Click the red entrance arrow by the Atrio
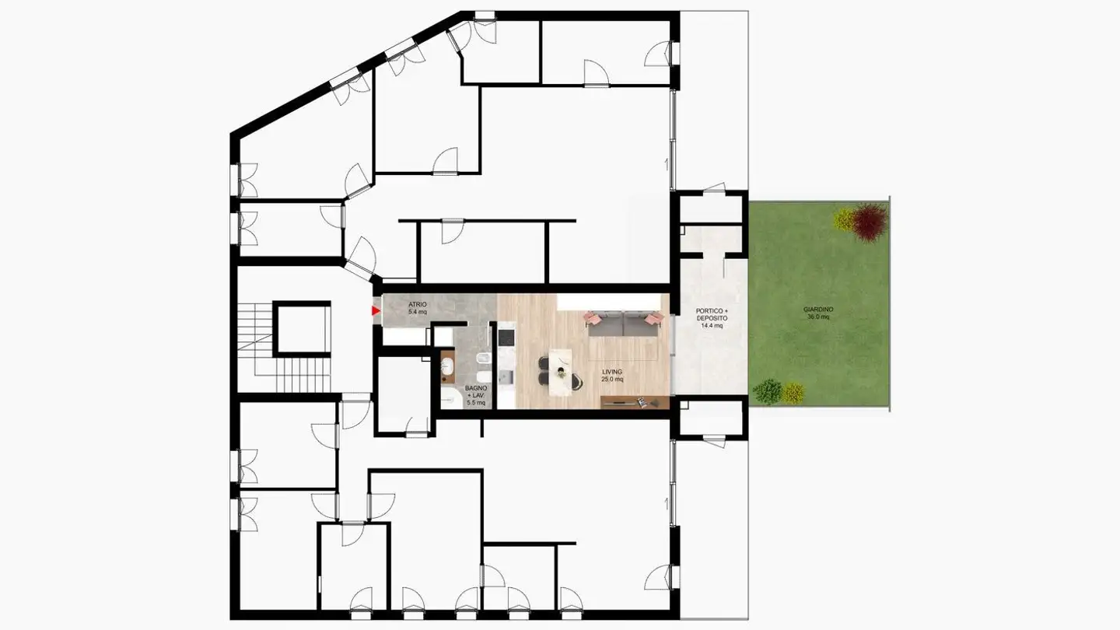(376, 312)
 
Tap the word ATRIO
(417, 304)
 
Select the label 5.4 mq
(418, 312)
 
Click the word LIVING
(612, 372)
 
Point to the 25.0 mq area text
(612, 380)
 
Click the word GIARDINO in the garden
(818, 310)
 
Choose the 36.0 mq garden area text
(818, 317)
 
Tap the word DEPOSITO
(712, 319)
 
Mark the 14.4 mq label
(712, 327)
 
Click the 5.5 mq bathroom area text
(475, 403)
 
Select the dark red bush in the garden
(869, 221)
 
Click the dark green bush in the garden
(768, 390)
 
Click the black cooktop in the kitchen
(506, 338)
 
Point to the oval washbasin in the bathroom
(449, 365)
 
